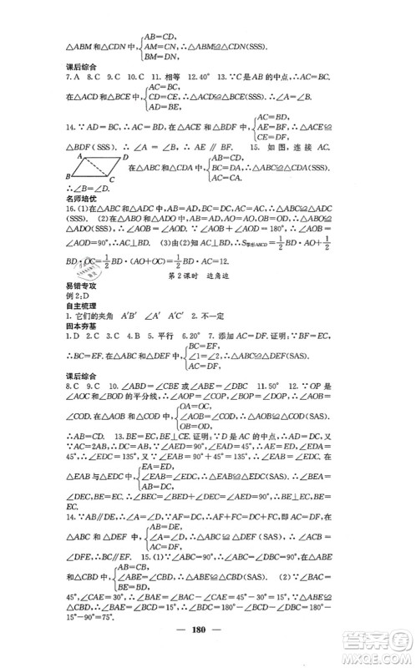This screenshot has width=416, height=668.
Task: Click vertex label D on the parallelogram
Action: (125, 157)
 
